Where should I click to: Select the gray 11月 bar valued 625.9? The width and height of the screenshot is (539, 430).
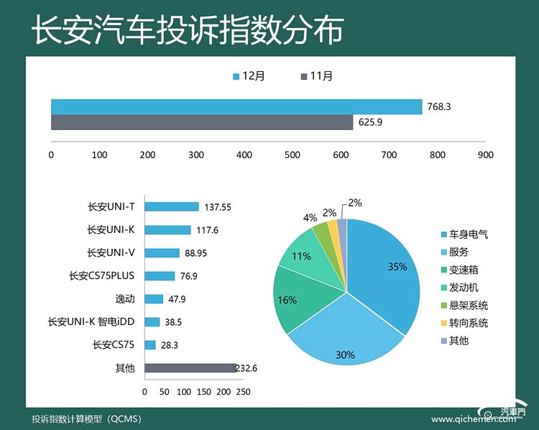202,122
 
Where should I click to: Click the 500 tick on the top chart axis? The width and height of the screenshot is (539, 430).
292,155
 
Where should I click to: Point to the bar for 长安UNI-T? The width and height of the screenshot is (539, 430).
172,206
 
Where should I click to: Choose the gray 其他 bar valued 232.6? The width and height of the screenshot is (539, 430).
190,368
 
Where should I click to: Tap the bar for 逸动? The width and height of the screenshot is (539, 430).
154,299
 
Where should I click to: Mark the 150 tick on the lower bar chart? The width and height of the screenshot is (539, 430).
203,392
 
